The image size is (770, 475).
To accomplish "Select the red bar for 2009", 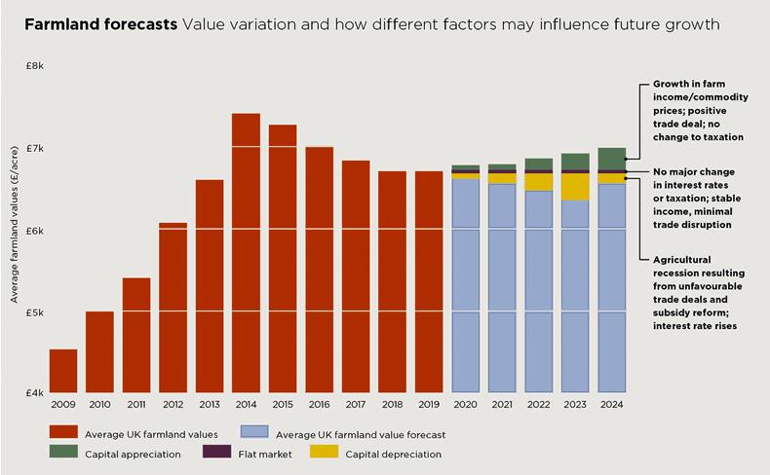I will coord(63,370).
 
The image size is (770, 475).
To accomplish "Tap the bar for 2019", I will coord(429,282).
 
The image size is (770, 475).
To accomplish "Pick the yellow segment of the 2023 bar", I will coord(575,187).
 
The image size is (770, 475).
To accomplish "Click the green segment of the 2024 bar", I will coord(611,158).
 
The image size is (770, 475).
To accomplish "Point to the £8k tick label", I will coord(34,66).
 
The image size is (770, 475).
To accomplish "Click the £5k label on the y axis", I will coord(34,313).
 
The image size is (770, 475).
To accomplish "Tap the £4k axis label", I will coord(34,393).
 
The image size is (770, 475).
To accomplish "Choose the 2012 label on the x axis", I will coord(173,404).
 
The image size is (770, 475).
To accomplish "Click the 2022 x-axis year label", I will coord(538,404).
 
